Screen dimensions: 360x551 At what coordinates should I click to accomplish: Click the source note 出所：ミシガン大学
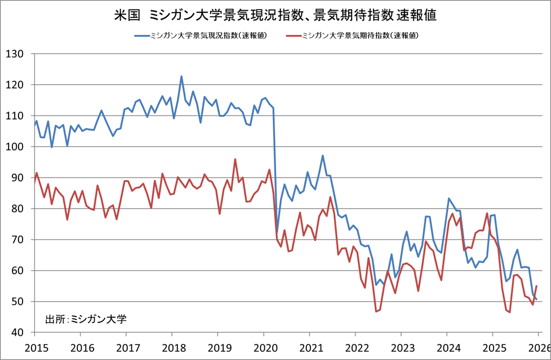click(86, 319)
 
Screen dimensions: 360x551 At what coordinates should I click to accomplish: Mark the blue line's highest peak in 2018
click(181, 76)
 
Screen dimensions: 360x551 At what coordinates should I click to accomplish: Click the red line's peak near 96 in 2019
click(235, 159)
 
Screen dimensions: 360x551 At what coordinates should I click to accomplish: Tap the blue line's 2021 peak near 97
click(323, 155)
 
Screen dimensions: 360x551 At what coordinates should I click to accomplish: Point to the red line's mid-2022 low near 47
click(376, 311)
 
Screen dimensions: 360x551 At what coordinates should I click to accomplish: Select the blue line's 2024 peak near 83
click(449, 198)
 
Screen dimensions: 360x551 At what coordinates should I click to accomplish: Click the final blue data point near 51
click(536, 299)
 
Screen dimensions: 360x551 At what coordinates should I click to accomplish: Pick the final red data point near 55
click(536, 286)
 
